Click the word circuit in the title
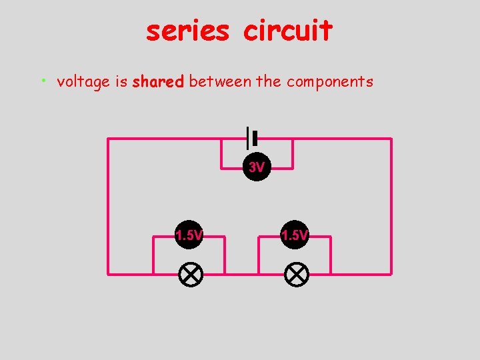(x=287, y=31)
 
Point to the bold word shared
(x=158, y=82)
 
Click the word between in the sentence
(x=220, y=81)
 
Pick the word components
(x=330, y=82)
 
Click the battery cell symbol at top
(x=251, y=138)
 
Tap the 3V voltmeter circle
(x=257, y=167)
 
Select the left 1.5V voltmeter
(x=189, y=235)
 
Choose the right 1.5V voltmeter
(x=295, y=235)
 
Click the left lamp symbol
(x=191, y=274)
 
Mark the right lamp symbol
(x=295, y=274)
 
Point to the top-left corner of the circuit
(x=109, y=139)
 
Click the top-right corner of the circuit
(x=391, y=139)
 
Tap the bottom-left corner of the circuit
(x=109, y=273)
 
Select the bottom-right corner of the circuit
(x=391, y=273)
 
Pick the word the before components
(x=269, y=81)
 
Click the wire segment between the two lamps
(x=242, y=273)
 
